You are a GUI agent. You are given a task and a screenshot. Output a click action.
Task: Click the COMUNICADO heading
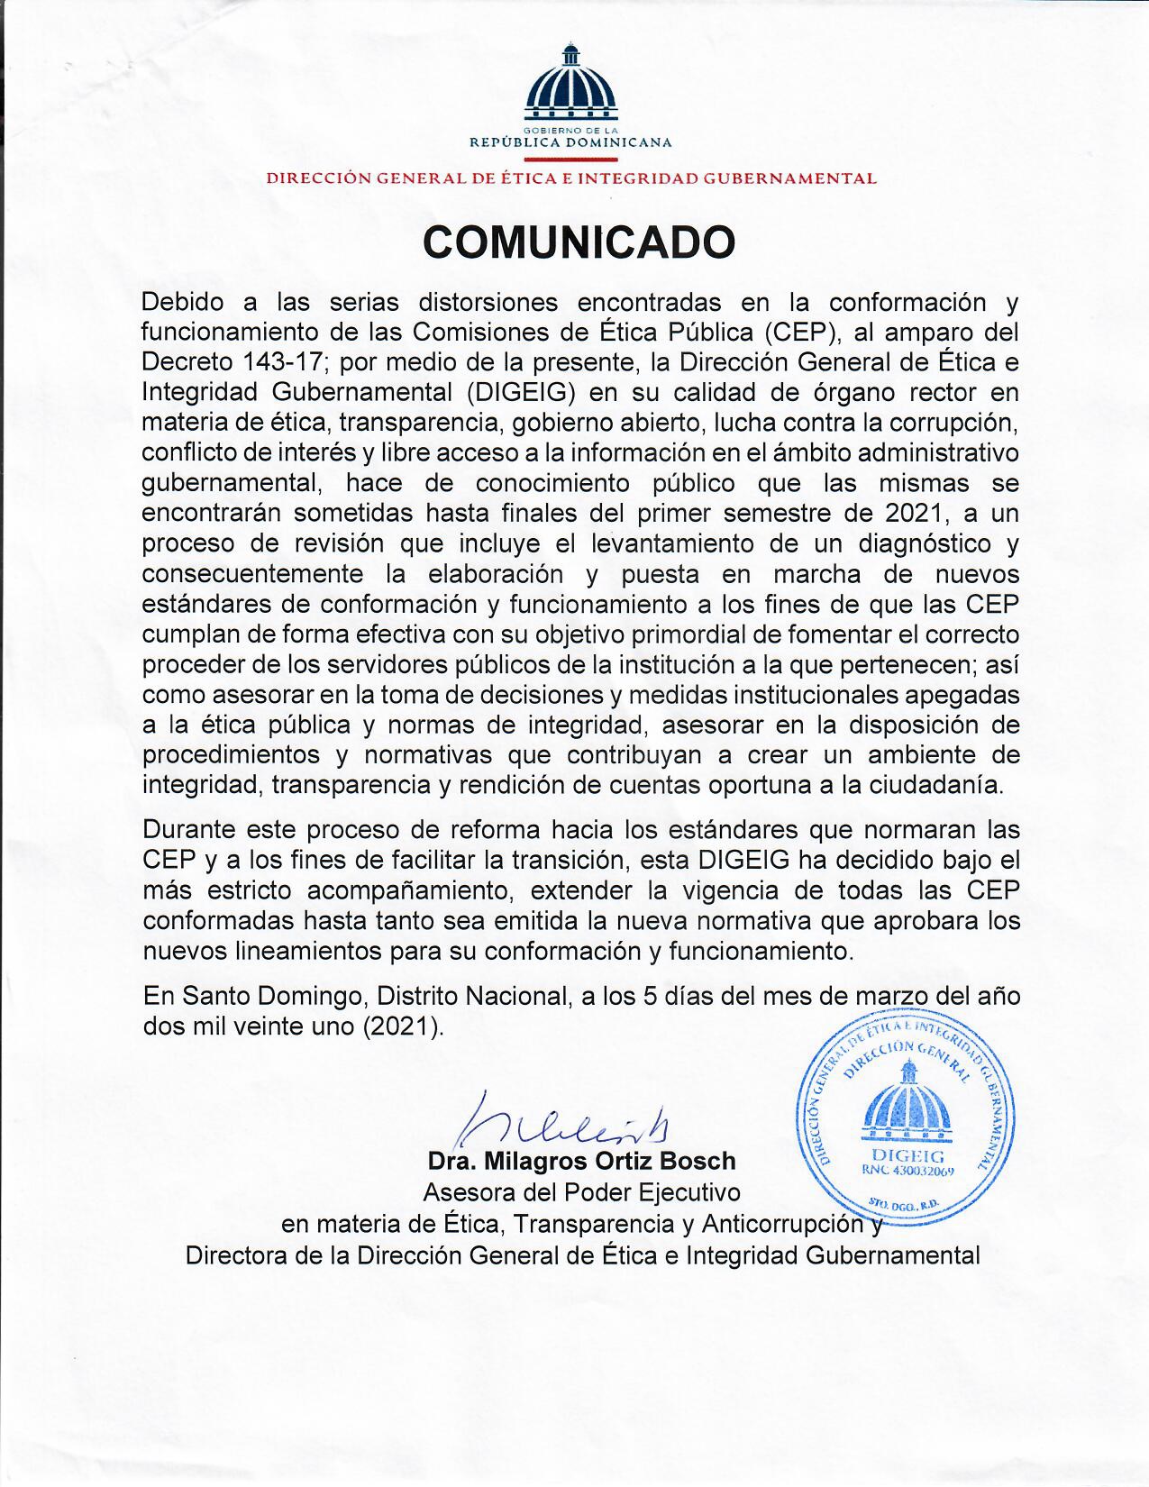[x=579, y=242]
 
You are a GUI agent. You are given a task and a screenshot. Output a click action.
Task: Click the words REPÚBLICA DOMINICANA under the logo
[x=570, y=142]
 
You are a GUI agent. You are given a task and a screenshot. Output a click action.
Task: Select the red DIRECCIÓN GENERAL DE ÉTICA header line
[x=570, y=178]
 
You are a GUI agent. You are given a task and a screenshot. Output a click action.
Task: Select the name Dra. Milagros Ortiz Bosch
[x=581, y=1162]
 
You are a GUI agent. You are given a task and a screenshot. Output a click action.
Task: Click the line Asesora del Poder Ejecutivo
[x=581, y=1193]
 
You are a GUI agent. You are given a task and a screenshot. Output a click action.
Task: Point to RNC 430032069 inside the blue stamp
[x=908, y=1171]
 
